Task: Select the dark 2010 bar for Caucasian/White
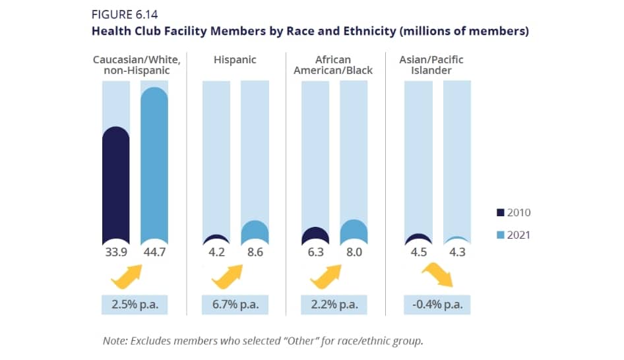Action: (x=116, y=185)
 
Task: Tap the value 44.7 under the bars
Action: (x=155, y=251)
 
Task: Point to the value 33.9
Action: (x=115, y=251)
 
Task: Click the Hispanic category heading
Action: (x=235, y=60)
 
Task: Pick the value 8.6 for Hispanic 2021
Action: (x=255, y=251)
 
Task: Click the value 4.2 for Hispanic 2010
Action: (x=216, y=251)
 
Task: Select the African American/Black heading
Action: (x=333, y=65)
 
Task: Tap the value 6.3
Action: (x=315, y=251)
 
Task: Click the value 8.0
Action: (x=354, y=251)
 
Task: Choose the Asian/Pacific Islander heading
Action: (x=431, y=65)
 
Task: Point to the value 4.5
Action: (x=418, y=251)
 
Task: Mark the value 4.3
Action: (x=456, y=251)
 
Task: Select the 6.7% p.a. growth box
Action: (x=235, y=305)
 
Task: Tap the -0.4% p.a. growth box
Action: (x=437, y=305)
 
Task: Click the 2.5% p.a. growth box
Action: (x=135, y=305)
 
